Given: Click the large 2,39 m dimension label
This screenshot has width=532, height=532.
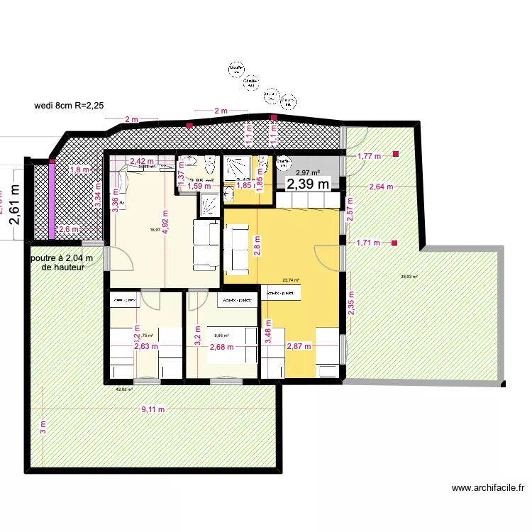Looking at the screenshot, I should coord(308,184).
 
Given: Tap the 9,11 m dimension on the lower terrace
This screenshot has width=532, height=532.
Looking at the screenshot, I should coord(153,409).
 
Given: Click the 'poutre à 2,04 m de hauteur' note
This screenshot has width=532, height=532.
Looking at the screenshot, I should coord(63,263).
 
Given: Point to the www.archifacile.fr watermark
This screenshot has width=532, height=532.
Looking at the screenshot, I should coord(487,488).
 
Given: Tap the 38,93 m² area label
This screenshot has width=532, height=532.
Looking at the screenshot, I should coord(409,277).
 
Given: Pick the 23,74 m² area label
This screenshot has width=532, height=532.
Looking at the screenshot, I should coord(291,280).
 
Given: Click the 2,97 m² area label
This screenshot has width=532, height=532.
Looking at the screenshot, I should coord(308,172).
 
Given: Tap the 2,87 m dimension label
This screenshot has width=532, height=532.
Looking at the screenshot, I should coord(299,347).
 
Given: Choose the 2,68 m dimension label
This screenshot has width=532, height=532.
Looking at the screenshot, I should coord(221,347).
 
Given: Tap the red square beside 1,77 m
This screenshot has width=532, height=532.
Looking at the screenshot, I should coord(397,154).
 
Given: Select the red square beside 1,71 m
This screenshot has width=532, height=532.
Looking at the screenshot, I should coord(394,243).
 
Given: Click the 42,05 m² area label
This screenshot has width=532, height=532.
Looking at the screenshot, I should coord(124,389).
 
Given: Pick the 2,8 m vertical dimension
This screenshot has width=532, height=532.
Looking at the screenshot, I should coord(257,245).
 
